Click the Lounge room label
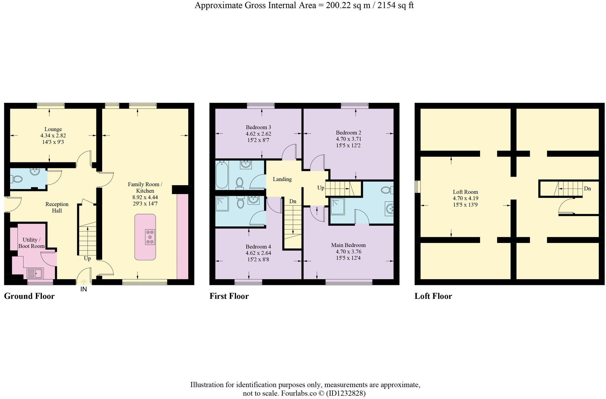point(53,129)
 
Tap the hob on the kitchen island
point(150,237)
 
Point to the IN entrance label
point(84,289)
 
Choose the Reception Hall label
point(57,207)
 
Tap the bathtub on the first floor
point(222,175)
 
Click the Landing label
point(282,179)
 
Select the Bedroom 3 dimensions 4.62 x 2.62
point(258,134)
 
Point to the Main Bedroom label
point(348,245)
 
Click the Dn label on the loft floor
point(587,189)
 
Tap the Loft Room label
point(465,192)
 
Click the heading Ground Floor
point(29,296)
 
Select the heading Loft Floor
point(433,296)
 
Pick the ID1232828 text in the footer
point(346,394)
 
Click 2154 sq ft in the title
point(395,5)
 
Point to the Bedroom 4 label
point(258,247)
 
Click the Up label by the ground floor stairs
point(87,259)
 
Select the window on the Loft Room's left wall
point(417,186)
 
